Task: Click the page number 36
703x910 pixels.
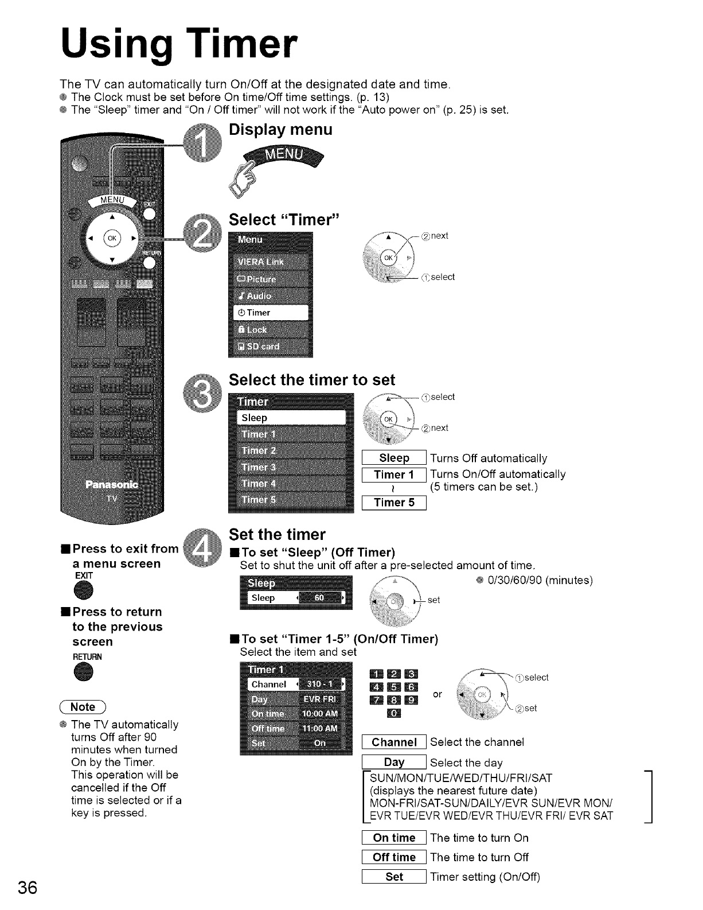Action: pyautogui.click(x=28, y=887)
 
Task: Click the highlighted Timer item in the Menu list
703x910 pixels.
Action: pyautogui.click(x=271, y=313)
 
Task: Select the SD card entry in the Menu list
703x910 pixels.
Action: pyautogui.click(x=271, y=347)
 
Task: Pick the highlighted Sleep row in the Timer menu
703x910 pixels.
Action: pyautogui.click(x=291, y=418)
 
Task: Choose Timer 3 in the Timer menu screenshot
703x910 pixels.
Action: pyautogui.click(x=291, y=467)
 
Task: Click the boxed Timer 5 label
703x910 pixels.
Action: pyautogui.click(x=394, y=503)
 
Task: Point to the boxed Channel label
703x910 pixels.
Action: pyautogui.click(x=394, y=742)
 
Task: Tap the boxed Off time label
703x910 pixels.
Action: pyautogui.click(x=394, y=857)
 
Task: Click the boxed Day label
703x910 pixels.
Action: pyautogui.click(x=394, y=763)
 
